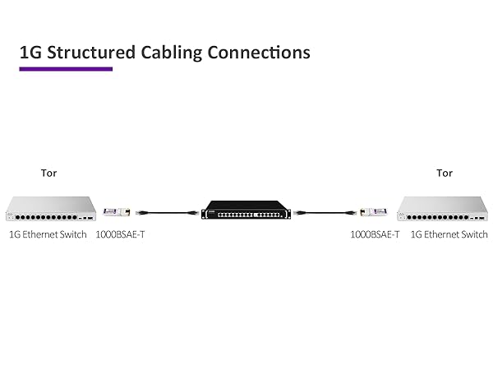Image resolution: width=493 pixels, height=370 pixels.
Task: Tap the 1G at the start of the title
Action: [x=30, y=53]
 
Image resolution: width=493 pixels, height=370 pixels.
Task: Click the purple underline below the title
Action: [x=66, y=69]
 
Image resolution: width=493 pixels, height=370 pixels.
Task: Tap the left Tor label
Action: [x=49, y=173]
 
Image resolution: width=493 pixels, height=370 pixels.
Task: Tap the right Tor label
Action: [x=445, y=173]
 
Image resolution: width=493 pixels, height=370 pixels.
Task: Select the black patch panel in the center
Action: [x=246, y=213]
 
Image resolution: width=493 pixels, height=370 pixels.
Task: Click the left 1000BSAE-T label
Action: [x=121, y=234]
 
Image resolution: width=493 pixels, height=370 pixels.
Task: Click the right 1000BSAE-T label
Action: [x=375, y=234]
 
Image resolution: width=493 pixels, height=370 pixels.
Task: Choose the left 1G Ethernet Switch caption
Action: [x=48, y=234]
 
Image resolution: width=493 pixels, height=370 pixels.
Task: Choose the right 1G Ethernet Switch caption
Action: [x=449, y=234]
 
